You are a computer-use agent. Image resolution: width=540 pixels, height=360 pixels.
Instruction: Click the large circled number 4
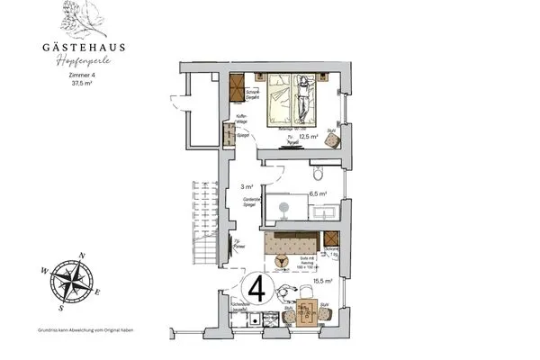256,291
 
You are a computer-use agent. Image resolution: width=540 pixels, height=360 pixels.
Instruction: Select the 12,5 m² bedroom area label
310,136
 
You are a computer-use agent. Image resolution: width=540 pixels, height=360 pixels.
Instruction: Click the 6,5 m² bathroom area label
317,193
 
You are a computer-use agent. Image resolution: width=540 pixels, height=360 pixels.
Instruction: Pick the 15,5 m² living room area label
323,281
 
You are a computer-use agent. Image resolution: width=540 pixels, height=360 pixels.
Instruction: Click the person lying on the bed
303,99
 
